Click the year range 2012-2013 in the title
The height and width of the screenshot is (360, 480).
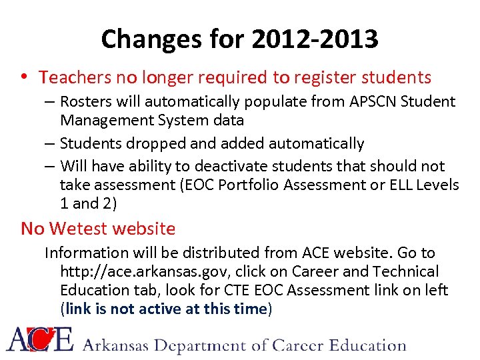pos(315,40)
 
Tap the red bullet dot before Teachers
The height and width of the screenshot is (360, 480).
pos(25,78)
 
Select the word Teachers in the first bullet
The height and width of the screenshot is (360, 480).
pos(75,78)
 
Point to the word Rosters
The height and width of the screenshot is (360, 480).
pos(85,102)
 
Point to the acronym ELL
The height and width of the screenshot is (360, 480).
pos(395,184)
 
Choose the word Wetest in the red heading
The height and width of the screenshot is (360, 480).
pos(77,229)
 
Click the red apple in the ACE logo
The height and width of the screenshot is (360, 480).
pos(43,341)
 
